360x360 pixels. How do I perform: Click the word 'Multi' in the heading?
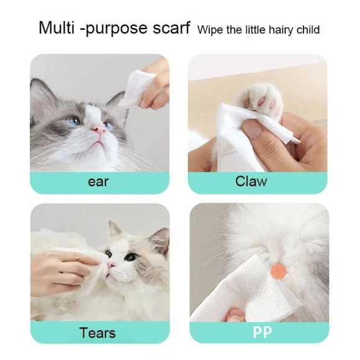click(57, 28)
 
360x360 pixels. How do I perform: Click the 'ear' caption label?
click(98, 181)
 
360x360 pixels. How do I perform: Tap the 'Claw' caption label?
click(251, 181)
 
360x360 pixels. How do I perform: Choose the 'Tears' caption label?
click(97, 333)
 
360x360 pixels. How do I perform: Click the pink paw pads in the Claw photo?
click(261, 94)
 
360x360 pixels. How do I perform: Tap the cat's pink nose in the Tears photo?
click(110, 265)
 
